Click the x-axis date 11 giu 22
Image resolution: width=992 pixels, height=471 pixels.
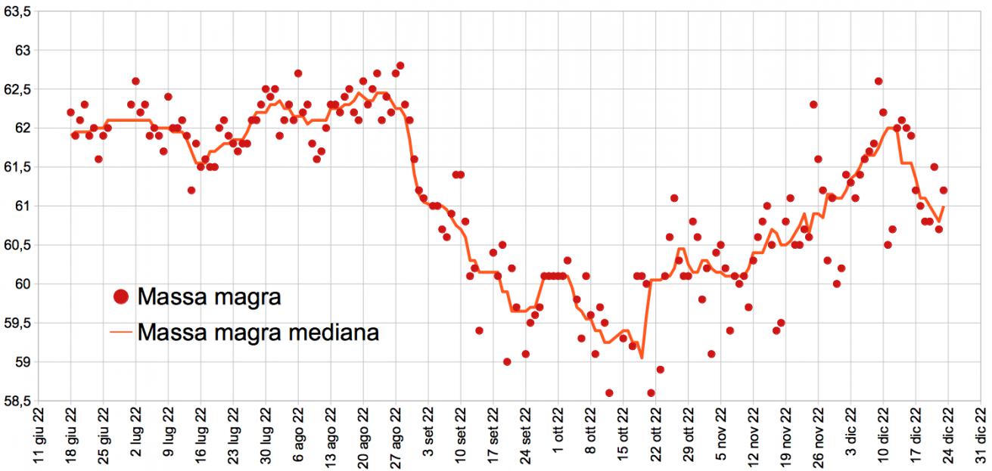click(38, 438)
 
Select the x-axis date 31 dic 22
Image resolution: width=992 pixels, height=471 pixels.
click(981, 438)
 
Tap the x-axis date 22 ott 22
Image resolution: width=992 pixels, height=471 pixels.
click(658, 438)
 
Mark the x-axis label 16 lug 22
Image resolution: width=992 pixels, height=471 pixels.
click(201, 438)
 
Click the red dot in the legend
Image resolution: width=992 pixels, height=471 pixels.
click(120, 297)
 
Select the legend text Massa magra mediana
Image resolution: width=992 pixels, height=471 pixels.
click(258, 331)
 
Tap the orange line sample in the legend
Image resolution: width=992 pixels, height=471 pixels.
click(120, 331)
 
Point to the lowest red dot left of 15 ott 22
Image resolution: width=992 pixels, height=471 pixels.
click(609, 392)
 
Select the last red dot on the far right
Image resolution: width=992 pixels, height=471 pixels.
click(943, 191)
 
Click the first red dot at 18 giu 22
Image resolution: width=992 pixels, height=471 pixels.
click(70, 112)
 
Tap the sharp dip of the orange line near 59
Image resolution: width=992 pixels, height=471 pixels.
click(641, 358)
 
